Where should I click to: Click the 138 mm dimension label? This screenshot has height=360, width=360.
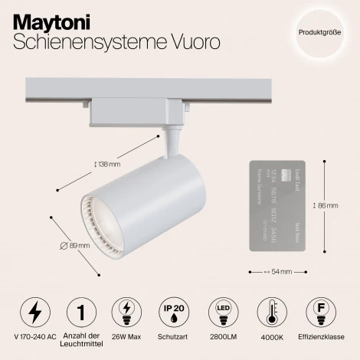(x=108, y=163)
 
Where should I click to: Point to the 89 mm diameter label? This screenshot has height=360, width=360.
(x=74, y=245)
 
